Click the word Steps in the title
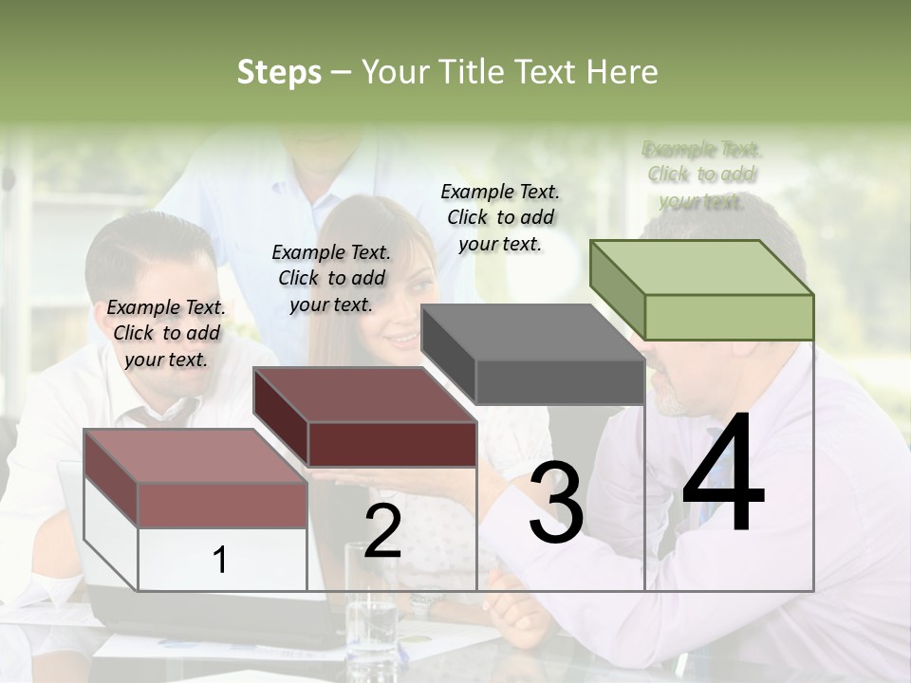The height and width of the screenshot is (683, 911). coord(279,72)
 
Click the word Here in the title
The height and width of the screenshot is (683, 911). coord(622,72)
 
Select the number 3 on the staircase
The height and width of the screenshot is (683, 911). coord(556,503)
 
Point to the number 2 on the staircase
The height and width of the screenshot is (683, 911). coord(382,532)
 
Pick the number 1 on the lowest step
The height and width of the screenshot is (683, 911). coord(220,560)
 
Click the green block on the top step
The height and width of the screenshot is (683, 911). coord(702,290)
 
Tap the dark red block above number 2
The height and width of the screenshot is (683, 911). coord(365,416)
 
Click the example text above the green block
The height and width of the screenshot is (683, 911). coord(702,175)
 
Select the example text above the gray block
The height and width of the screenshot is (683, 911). coord(500,217)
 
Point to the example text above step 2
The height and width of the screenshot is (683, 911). coord(331,278)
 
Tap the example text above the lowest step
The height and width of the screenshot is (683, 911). coord(166,333)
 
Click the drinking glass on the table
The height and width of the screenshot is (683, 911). coord(371,607)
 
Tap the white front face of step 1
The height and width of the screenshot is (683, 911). coord(222,560)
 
